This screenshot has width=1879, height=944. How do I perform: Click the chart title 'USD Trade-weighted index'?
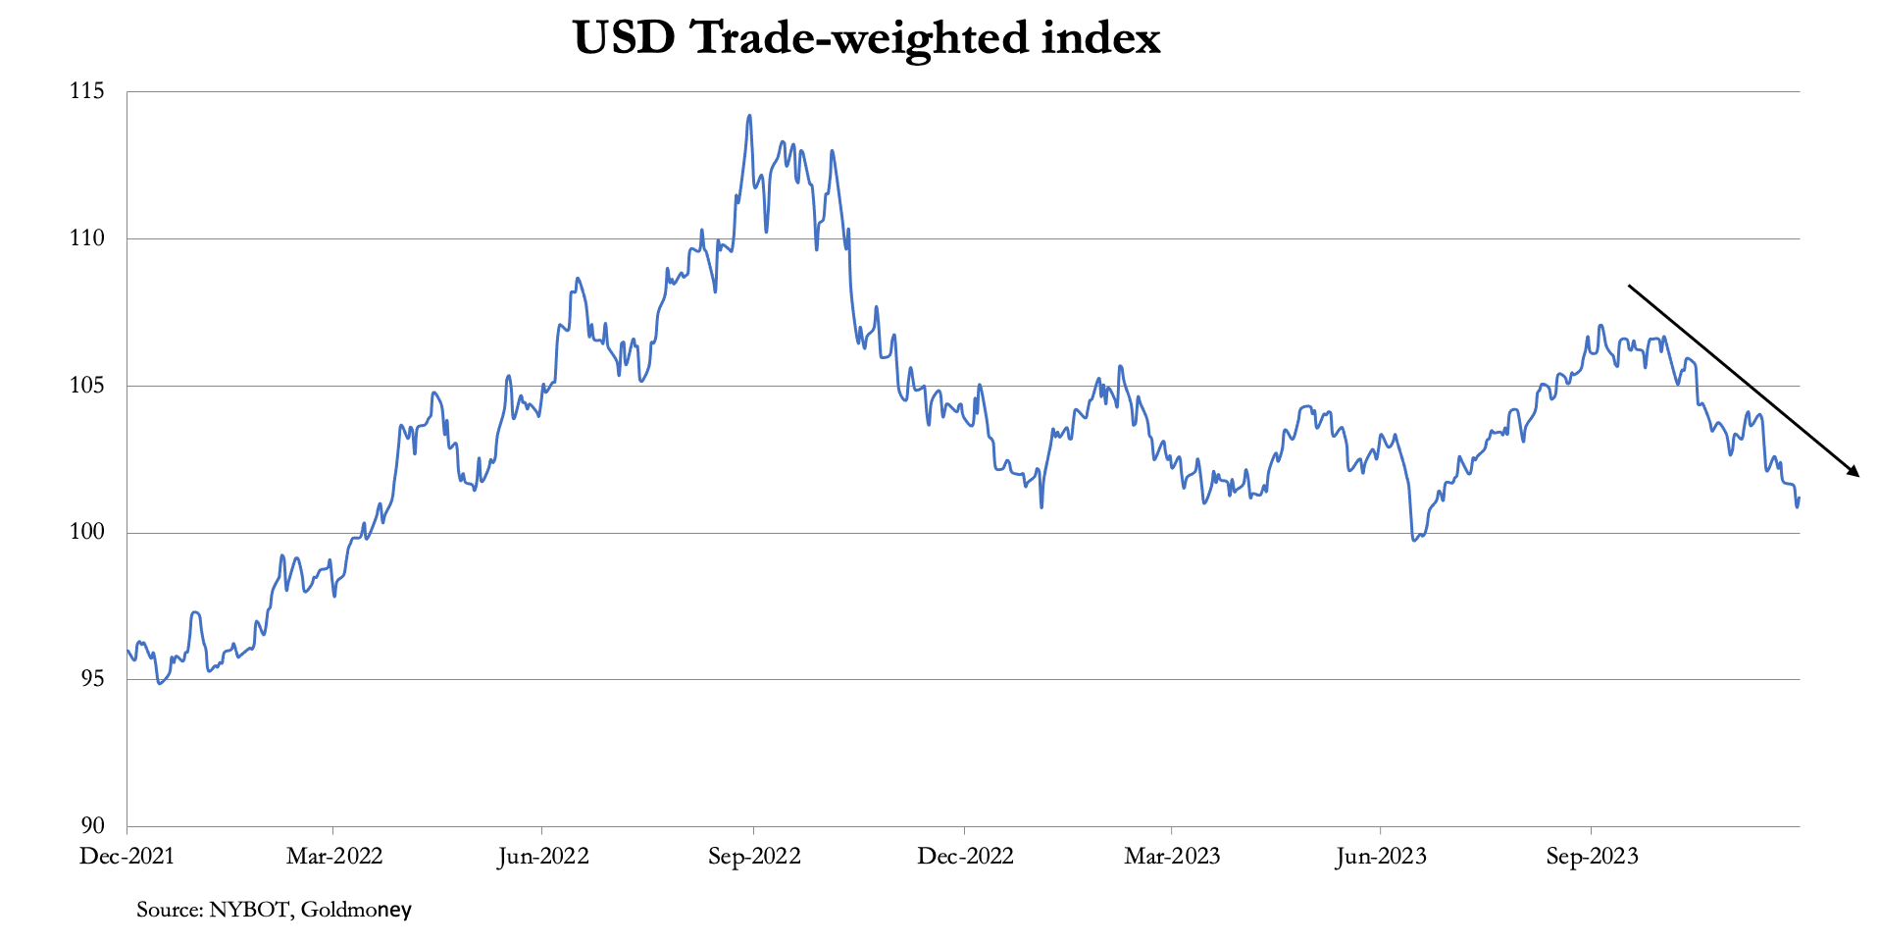[x=866, y=38]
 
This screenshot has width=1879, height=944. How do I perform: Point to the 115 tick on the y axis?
[x=86, y=91]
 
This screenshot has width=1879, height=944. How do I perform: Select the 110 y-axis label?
[x=86, y=238]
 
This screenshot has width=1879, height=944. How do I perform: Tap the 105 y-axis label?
[x=86, y=385]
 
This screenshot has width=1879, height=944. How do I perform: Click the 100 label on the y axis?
[x=86, y=532]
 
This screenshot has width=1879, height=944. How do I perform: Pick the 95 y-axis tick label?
[x=92, y=679]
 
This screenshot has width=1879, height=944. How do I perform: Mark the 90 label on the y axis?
[x=92, y=826]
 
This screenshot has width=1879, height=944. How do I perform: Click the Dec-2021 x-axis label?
[x=127, y=857]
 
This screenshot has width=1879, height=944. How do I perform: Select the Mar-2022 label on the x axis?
[x=333, y=857]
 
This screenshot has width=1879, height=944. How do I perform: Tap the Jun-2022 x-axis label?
[x=542, y=857]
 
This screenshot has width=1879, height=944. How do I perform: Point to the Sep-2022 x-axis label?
[x=754, y=857]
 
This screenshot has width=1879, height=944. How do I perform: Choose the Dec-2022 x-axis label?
[x=965, y=857]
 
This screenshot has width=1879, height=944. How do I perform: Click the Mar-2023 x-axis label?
[x=1172, y=857]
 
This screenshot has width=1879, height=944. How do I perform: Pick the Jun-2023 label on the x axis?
[x=1381, y=857]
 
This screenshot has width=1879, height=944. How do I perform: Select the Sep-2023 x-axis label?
[x=1592, y=857]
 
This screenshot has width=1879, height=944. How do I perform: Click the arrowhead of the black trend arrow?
[x=1854, y=472]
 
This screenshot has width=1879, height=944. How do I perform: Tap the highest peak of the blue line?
[x=749, y=116]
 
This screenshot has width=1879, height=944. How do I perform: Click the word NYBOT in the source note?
[x=249, y=910]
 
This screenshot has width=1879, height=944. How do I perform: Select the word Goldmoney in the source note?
[x=356, y=910]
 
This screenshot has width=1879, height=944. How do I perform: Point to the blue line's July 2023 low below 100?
[x=1414, y=540]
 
